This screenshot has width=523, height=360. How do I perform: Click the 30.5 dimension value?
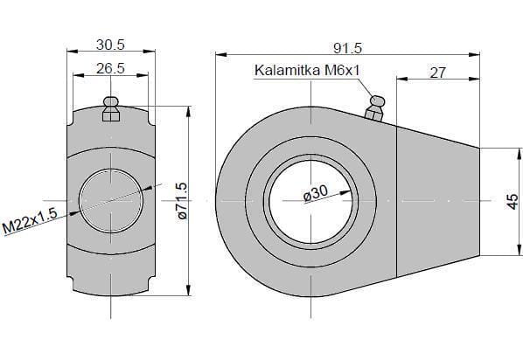[110, 45]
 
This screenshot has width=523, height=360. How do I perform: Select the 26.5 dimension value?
[110, 68]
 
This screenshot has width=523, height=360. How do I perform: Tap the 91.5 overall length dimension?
[348, 49]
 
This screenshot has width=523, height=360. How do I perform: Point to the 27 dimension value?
[437, 73]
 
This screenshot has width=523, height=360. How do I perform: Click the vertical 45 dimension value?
[513, 202]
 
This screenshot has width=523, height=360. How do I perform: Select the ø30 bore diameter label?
[316, 193]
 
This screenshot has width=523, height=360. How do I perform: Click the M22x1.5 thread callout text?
[30, 220]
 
